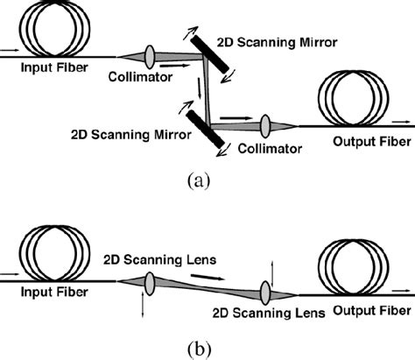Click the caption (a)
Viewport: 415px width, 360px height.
[x=198, y=180]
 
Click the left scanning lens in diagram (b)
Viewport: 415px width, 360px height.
[x=144, y=285]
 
